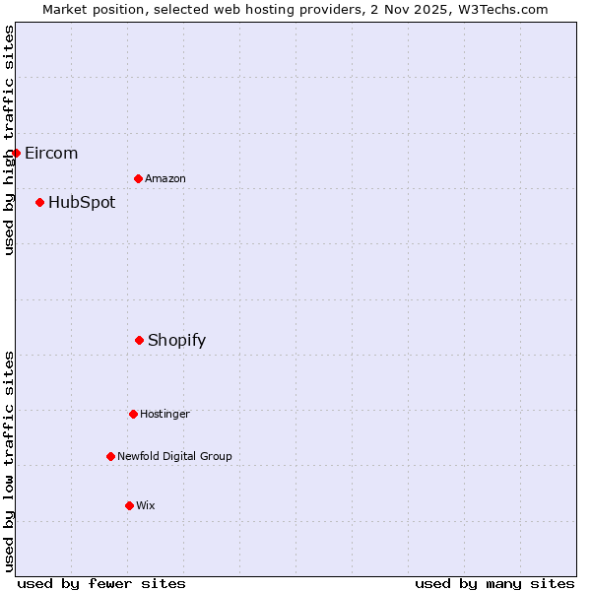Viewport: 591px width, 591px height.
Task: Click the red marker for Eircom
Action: [x=17, y=153]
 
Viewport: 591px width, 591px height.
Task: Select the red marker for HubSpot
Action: [x=40, y=202]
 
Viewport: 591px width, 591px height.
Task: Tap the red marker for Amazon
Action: [x=139, y=178]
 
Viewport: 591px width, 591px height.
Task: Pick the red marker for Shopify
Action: [x=140, y=340]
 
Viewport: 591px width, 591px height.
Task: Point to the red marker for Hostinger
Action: [x=134, y=414]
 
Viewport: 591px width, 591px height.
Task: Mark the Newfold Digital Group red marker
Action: [x=111, y=456]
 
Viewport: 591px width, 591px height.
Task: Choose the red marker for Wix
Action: [x=130, y=505]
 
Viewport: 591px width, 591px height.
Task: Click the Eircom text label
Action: [x=51, y=153]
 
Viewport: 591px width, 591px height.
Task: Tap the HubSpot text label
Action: [x=82, y=203]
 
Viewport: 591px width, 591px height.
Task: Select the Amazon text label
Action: [x=165, y=178]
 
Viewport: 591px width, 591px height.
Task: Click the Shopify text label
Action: [x=177, y=341]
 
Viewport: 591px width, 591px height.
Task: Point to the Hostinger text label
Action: [x=164, y=414]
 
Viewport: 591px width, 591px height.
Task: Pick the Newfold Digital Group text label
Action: [x=174, y=456]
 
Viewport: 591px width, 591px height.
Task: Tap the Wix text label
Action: [x=146, y=505]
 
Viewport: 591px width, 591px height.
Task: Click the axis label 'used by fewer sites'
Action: [x=101, y=583]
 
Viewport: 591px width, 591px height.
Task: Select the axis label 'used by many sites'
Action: [x=494, y=583]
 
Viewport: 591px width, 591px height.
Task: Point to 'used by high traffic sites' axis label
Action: [x=9, y=140]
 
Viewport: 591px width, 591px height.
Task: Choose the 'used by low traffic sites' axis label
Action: [x=9, y=461]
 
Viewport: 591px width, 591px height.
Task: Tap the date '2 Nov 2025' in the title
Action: [x=401, y=9]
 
